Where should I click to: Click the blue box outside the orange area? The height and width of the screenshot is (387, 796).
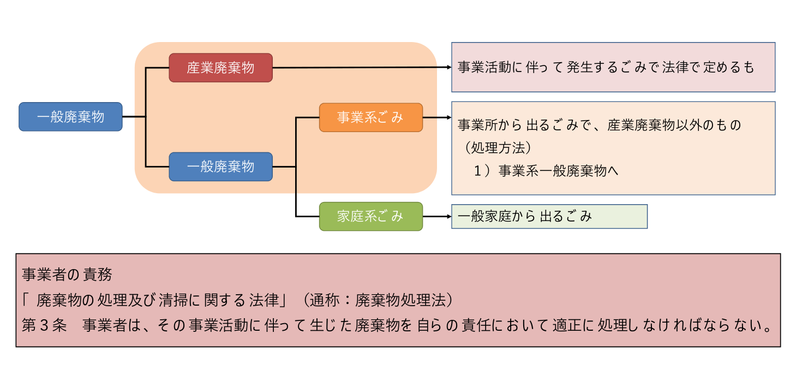point(70,117)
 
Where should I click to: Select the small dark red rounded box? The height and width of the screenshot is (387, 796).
point(220,68)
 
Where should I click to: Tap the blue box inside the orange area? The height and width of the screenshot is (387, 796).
point(220,166)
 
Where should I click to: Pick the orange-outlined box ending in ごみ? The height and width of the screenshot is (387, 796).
point(371,117)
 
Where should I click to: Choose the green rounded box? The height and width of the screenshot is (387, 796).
point(371,216)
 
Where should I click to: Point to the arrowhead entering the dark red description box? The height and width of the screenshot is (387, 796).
point(448,68)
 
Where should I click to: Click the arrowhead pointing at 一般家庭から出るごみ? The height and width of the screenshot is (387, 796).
point(448,216)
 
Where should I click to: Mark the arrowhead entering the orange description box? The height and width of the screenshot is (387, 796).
point(448,117)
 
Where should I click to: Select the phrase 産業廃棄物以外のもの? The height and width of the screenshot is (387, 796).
point(674,126)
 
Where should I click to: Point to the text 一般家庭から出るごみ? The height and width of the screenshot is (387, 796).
point(524,217)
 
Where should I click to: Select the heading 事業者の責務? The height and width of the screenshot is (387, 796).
point(67,275)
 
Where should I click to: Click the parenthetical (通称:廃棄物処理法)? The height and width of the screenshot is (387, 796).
point(378,300)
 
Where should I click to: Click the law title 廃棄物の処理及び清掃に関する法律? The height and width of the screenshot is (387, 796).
point(158,300)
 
